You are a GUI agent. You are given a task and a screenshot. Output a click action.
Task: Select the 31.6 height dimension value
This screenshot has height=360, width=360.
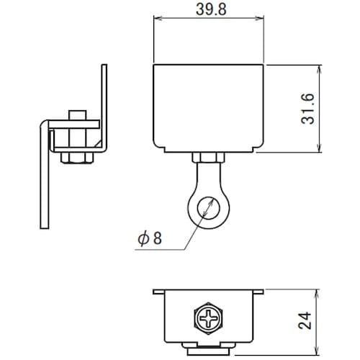[309, 109]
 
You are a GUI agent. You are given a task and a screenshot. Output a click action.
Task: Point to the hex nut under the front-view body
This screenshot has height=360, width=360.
[208, 159]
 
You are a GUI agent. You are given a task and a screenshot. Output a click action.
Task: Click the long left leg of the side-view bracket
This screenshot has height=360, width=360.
[44, 180]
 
